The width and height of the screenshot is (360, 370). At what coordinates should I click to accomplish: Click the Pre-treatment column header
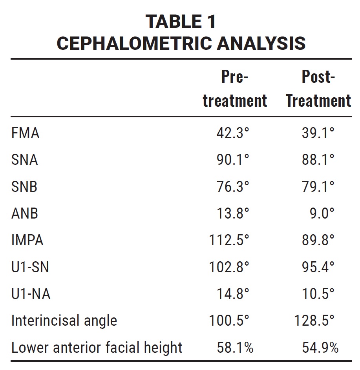coord(235,89)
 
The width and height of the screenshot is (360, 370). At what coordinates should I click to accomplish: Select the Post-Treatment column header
coord(318,89)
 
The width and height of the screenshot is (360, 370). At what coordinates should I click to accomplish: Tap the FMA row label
coord(26,133)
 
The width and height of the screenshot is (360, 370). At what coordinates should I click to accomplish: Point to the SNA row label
coord(25,160)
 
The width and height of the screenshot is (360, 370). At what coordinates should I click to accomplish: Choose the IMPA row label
coord(27,240)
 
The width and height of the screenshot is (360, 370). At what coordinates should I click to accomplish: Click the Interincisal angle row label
coord(64,321)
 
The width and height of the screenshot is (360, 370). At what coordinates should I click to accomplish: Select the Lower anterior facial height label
coord(97,348)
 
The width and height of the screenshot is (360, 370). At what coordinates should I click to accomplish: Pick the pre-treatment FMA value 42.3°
coord(233,133)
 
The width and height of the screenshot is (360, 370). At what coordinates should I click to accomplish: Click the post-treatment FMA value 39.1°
coord(318,133)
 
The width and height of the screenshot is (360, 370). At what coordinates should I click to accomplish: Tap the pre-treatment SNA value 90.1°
coord(233,160)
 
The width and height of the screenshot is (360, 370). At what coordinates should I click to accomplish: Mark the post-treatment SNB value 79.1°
coord(318,187)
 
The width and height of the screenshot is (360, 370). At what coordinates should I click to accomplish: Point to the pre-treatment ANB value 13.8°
coord(233,213)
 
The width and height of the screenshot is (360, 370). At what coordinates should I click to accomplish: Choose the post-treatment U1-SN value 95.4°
coord(318,267)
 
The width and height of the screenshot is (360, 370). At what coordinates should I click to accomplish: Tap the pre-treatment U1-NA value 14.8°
coord(233,294)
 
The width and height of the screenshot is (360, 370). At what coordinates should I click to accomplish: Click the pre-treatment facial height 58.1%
coord(234,348)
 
